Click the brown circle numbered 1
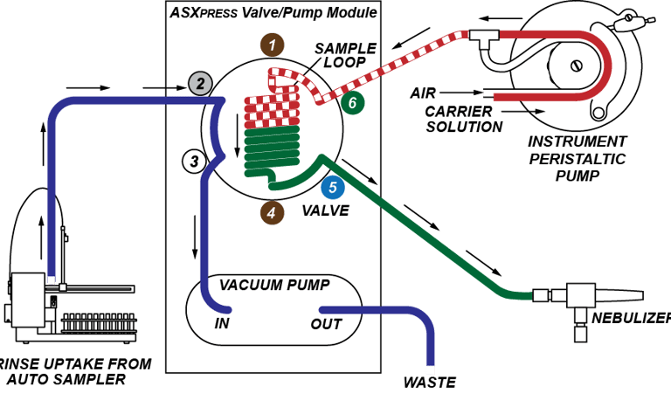(273, 44)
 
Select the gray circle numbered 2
(201, 84)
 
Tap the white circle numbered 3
(194, 161)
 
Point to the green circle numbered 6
(353, 103)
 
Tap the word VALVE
(324, 210)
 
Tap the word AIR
(423, 93)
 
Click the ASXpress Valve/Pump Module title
(273, 13)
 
